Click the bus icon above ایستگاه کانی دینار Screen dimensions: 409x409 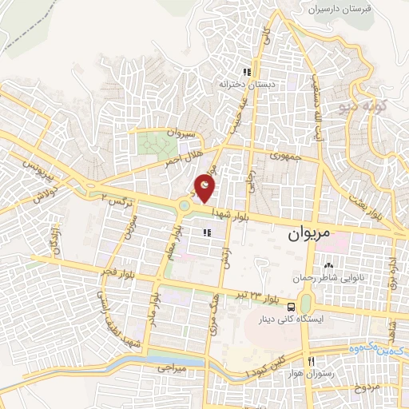[x=291, y=307]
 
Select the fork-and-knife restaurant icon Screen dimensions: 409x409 [x=310, y=360]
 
